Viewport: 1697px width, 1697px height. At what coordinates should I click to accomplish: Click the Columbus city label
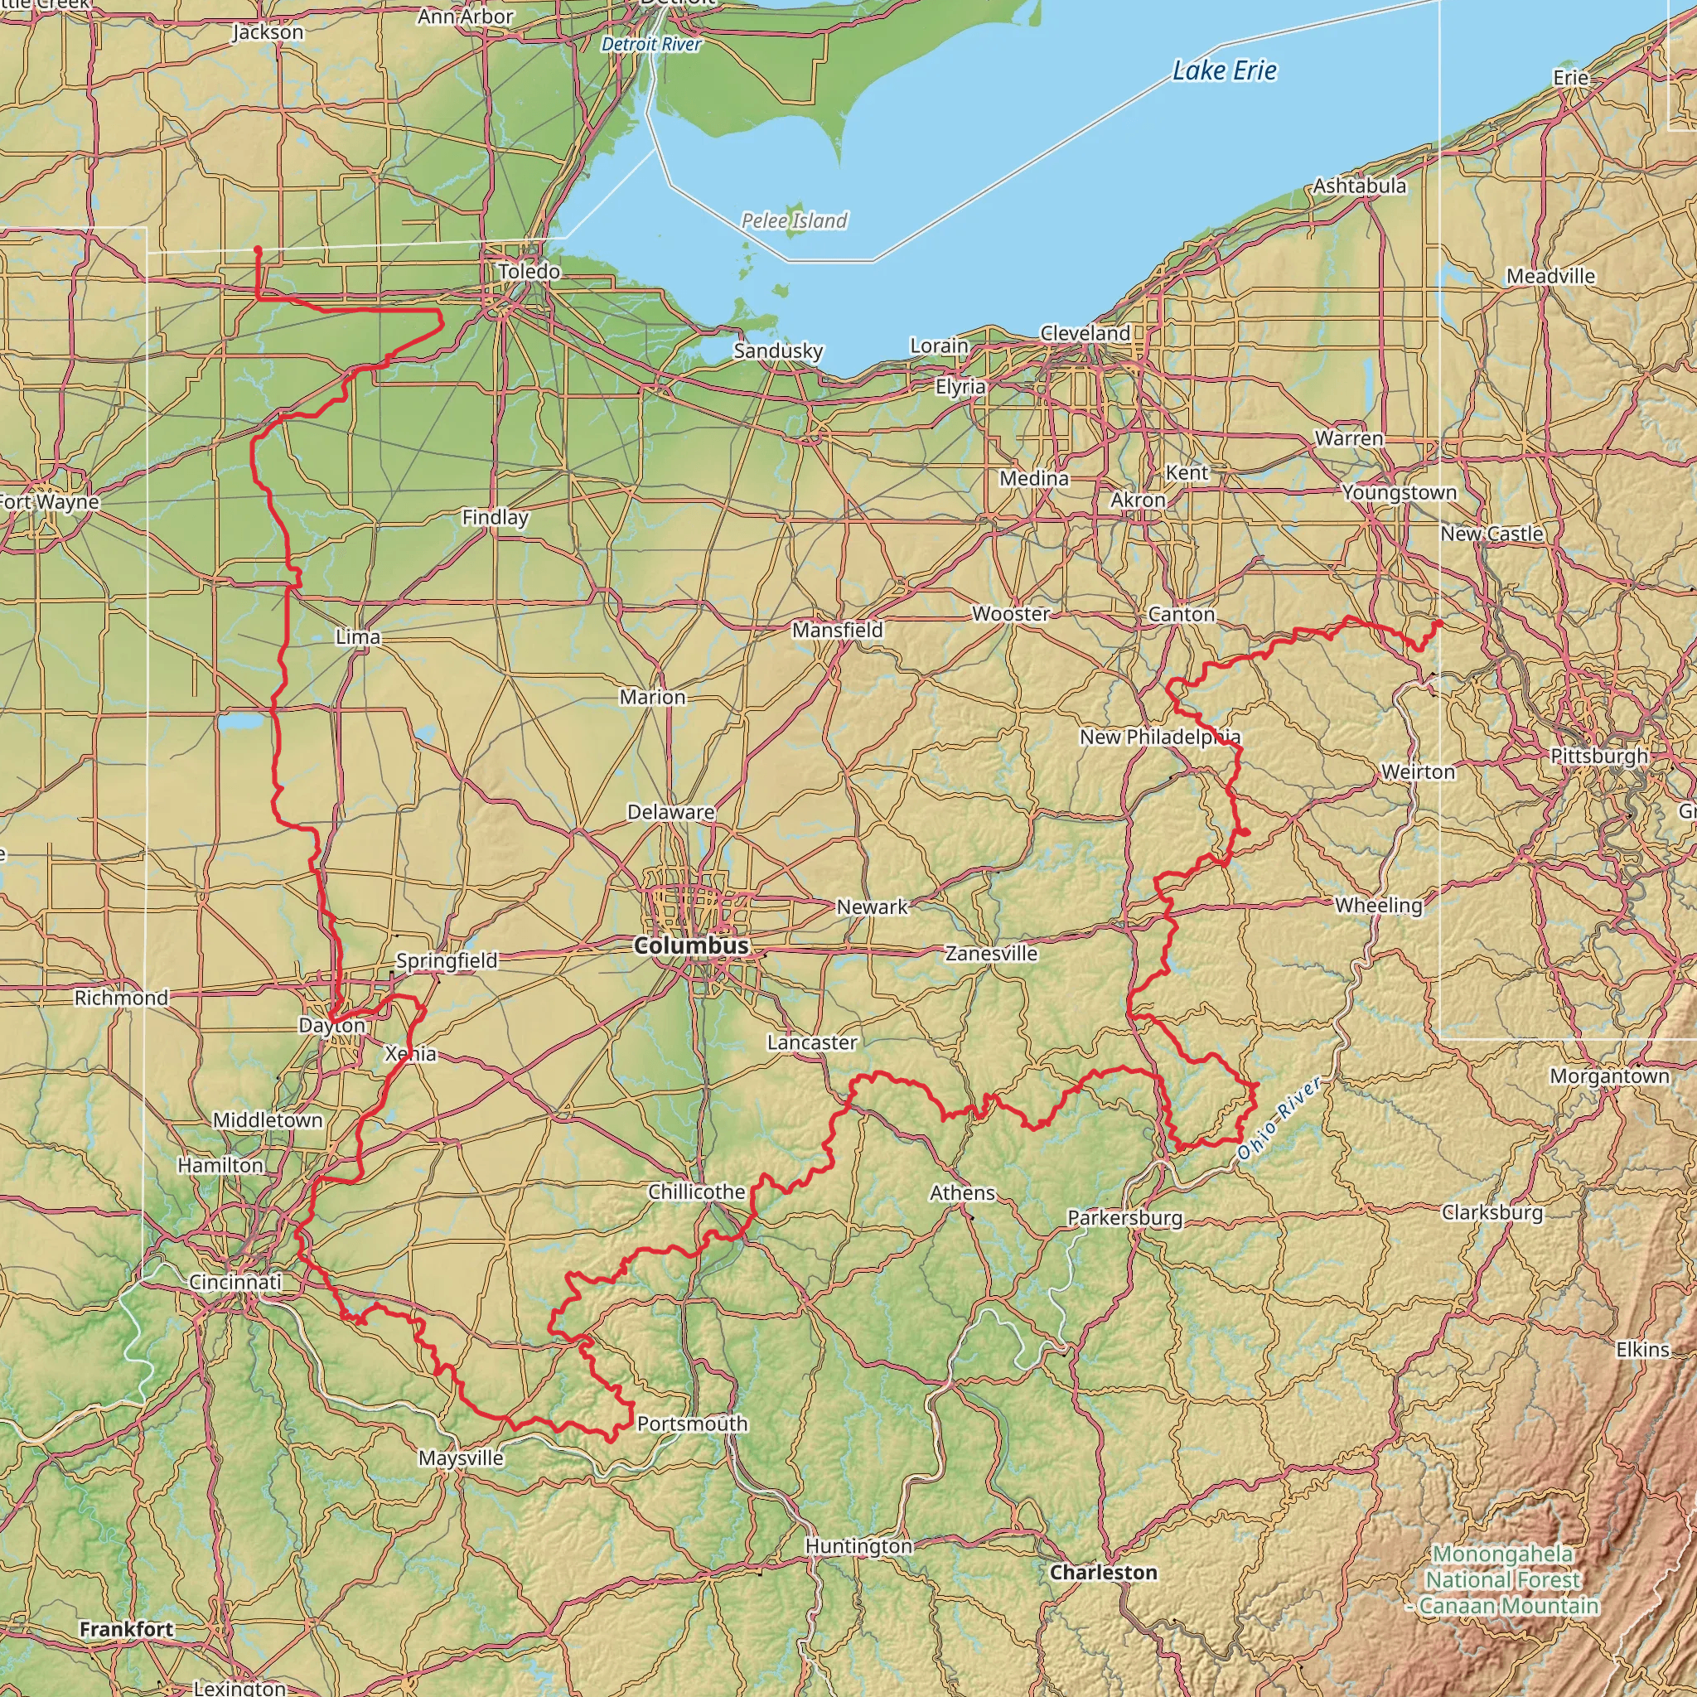coord(691,946)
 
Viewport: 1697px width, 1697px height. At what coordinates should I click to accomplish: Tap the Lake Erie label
coord(1225,71)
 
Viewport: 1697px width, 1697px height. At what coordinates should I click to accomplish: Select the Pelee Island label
coord(794,220)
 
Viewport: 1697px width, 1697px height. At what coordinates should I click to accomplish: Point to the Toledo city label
coord(529,272)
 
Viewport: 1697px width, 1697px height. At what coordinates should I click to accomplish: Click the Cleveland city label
coord(1085,334)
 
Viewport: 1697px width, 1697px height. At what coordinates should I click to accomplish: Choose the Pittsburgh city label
coord(1598,757)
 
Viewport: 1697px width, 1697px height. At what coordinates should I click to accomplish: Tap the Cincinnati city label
coord(235,1283)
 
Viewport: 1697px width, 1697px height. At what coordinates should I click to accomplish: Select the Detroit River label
coord(650,44)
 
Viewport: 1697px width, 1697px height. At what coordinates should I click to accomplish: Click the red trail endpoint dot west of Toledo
coord(258,250)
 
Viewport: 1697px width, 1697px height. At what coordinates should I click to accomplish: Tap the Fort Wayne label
coord(48,502)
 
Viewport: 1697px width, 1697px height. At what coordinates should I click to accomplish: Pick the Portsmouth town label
coord(692,1423)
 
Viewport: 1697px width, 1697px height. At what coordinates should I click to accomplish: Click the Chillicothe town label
coord(697,1192)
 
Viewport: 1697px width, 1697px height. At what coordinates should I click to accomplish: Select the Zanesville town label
coord(991,954)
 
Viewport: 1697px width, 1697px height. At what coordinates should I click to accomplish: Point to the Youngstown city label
coord(1399,493)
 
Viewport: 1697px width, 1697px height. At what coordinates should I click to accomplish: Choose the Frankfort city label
coord(127,1629)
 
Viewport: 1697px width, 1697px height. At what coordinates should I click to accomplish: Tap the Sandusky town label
coord(778,351)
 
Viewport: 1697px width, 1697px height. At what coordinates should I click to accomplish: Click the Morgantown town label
coord(1609,1077)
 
